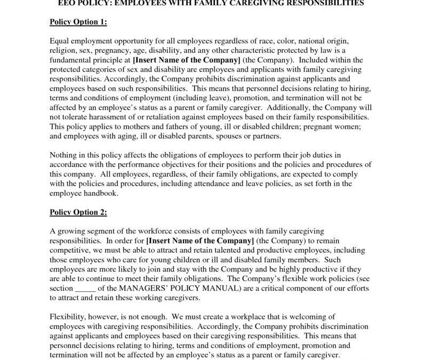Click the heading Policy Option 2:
[x=78, y=212]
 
